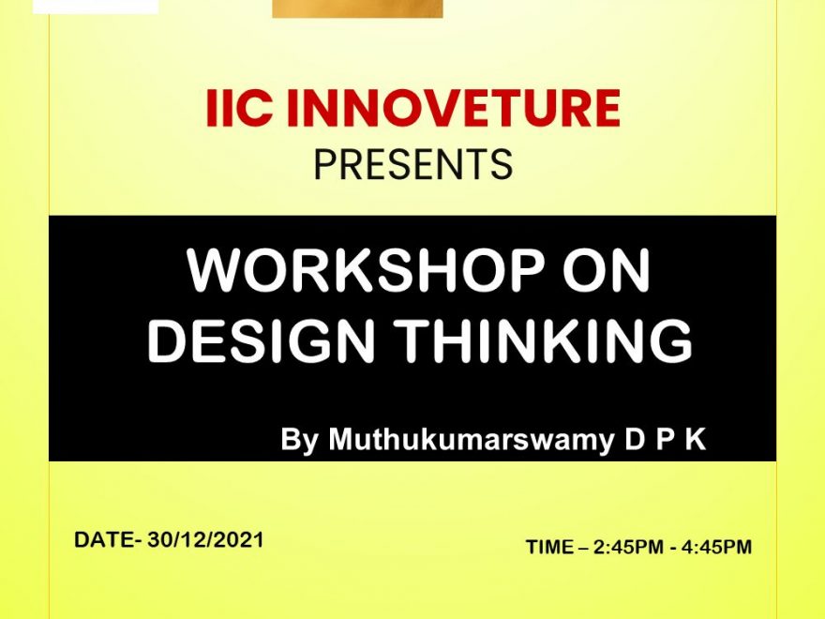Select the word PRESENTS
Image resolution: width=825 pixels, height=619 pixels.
[413, 165]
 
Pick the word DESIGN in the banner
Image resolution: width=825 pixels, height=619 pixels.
[261, 340]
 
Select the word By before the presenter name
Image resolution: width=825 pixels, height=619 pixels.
[299, 440]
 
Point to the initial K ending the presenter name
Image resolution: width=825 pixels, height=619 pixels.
[695, 439]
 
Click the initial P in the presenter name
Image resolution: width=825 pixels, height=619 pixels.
[665, 439]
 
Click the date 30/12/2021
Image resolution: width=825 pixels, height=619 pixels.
[205, 539]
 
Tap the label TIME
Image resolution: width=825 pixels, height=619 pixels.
[549, 547]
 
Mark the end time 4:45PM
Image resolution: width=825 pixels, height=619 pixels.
[717, 547]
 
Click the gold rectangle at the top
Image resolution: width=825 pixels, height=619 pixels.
[357, 8]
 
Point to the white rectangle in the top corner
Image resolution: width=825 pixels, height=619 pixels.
[96, 7]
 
